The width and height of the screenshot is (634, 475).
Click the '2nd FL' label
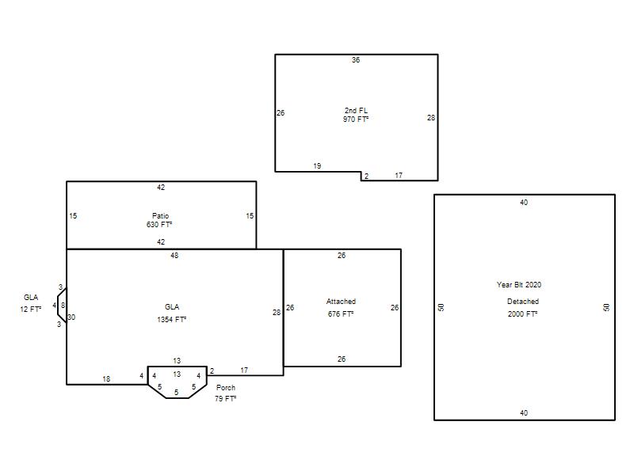356,110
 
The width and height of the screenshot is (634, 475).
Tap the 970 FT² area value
356,120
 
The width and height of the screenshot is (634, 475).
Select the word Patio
160,215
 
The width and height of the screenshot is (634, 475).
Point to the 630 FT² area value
159,225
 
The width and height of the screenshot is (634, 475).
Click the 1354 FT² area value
171,320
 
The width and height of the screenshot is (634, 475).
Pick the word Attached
341,302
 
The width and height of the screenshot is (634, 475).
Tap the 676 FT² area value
341,313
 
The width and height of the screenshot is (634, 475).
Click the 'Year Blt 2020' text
519,285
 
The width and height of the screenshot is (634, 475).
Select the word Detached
523,302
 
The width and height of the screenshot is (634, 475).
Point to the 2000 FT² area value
523,313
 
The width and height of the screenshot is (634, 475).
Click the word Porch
226,388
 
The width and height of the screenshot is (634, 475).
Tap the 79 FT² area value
225,399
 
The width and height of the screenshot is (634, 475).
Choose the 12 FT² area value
31,310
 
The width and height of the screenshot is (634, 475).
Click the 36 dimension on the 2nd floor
356,60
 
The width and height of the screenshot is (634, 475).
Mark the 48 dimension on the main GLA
174,256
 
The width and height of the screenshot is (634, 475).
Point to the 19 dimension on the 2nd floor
317,166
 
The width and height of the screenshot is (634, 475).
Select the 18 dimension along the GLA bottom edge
106,379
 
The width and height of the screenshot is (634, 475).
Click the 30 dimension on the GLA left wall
71,317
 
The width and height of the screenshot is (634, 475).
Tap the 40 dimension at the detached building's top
524,203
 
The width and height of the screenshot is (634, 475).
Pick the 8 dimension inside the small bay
63,306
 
